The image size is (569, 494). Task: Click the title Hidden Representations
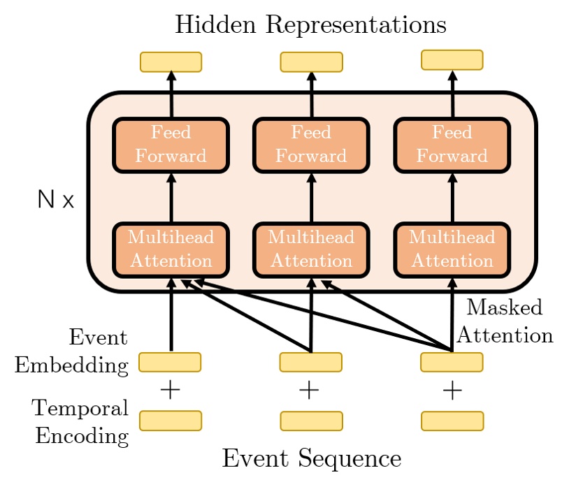pos(310,24)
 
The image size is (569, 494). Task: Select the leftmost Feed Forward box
pos(171,145)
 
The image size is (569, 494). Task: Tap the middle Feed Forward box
pos(311,145)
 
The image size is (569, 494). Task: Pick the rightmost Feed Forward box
pos(452,145)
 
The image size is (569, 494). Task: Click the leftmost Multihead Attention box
pos(171,249)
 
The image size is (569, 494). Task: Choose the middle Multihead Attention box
pos(311,249)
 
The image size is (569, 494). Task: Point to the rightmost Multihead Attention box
pos(452,249)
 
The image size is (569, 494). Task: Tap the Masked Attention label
pos(504,321)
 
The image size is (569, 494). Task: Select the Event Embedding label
pos(72,351)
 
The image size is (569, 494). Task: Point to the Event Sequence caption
pos(311,458)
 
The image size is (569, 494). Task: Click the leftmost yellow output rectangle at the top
pos(171,61)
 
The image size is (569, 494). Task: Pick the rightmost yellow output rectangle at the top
pos(452,59)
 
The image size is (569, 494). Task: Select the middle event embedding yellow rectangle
pos(310,362)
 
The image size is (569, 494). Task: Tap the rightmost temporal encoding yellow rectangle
pos(452,421)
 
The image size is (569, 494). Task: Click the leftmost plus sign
pos(170,391)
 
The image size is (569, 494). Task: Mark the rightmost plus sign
pos(452,391)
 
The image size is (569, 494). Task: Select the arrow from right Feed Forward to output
pos(452,94)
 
